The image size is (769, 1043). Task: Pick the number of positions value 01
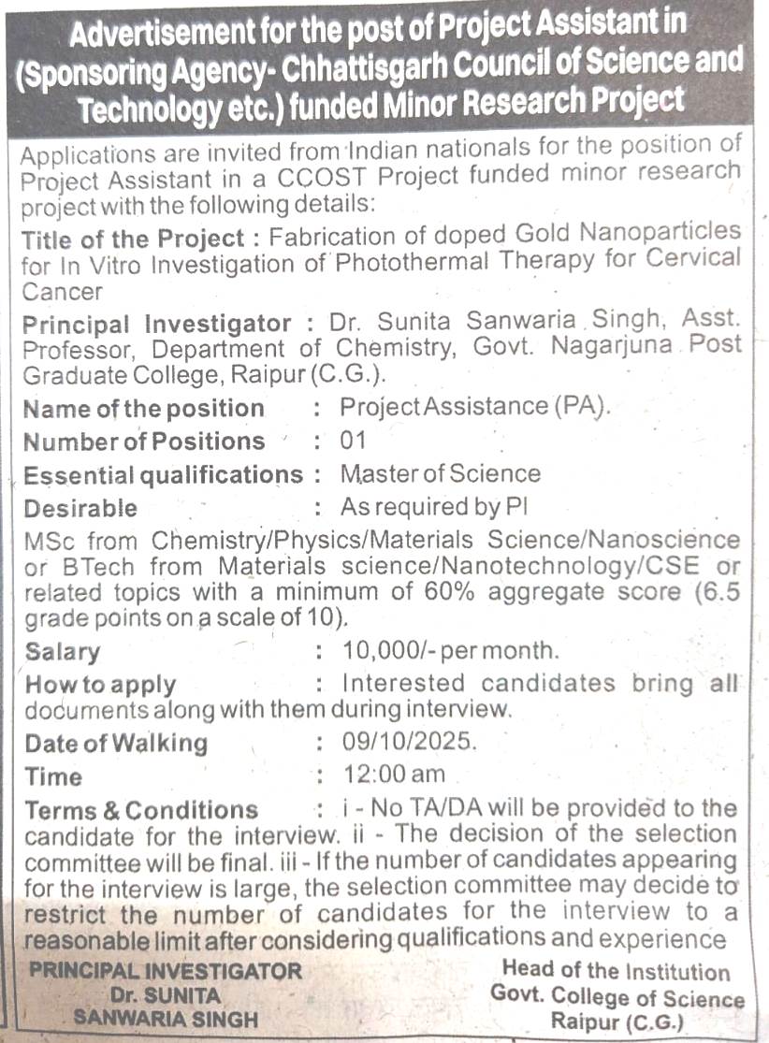click(x=354, y=441)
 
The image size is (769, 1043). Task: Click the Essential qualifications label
click(x=163, y=475)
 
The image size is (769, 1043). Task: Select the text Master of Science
click(x=440, y=473)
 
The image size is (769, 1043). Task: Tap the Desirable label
click(x=80, y=509)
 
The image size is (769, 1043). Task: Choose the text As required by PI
click(x=435, y=508)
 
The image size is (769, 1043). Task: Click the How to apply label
click(x=100, y=685)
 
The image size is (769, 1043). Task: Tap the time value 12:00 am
click(x=394, y=775)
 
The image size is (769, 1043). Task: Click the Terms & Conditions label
click(x=140, y=810)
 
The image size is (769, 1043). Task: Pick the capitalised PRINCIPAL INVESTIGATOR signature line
click(x=166, y=972)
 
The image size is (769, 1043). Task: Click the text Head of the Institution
click(x=616, y=972)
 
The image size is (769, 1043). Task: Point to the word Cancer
click(x=62, y=291)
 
